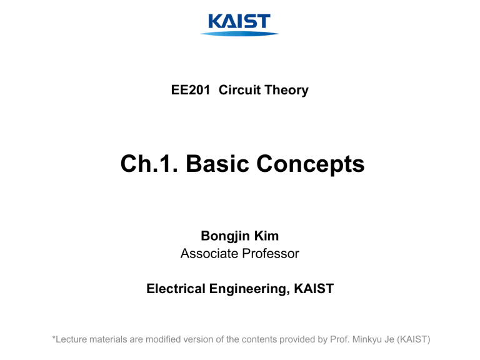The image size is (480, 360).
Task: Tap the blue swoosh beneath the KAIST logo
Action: point(239,33)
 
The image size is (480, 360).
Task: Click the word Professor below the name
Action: point(270,254)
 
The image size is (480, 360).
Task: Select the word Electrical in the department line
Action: point(177,289)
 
